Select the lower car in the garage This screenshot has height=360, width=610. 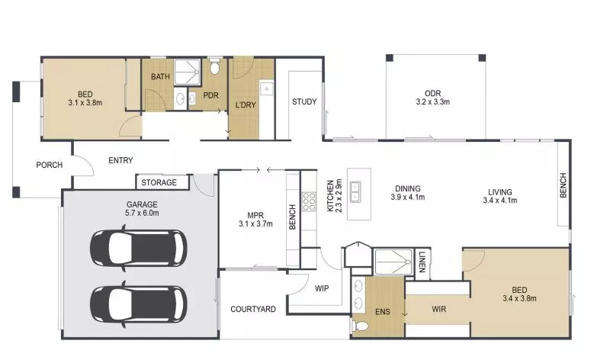pos(137,303)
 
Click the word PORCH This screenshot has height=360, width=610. pos(49,166)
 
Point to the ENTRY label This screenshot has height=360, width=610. pos(120,160)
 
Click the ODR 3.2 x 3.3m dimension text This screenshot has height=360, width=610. pos(432,101)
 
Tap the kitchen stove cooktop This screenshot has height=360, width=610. pos(310,201)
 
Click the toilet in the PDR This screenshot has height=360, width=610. pos(214,69)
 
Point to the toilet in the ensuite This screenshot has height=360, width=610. pos(361,326)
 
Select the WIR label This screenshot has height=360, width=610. pos(438,310)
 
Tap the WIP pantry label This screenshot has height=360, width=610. pos(321,288)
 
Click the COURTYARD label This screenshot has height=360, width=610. pos(252,310)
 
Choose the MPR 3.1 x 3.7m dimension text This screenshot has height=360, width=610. pos(255,223)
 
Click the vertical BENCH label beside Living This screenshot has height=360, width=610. pos(563,186)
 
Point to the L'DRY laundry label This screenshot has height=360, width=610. pos(245,104)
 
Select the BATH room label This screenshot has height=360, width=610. pos(160,77)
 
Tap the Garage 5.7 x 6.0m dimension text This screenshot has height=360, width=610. pos(142,214)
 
